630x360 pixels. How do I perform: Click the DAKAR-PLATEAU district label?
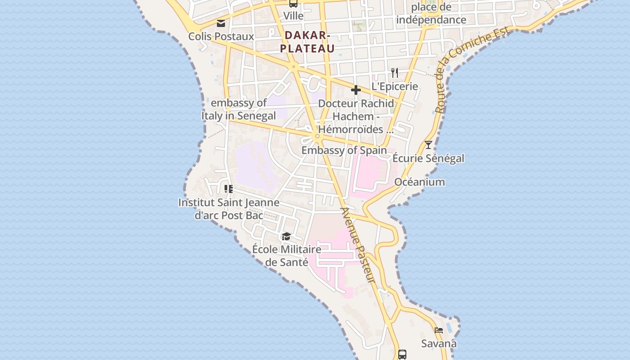pos(308,42)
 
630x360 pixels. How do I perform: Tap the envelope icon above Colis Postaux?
pos(221,23)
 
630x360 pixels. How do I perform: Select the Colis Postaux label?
pos(221,36)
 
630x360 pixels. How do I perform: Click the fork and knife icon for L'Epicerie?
pos(395,72)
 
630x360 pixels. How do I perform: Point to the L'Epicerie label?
pos(395,86)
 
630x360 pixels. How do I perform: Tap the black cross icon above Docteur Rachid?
pos(356,90)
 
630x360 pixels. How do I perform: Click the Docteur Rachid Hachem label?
pos(356,116)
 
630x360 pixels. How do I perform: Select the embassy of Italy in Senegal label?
pos(238,109)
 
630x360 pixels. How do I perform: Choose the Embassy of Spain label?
pos(344,150)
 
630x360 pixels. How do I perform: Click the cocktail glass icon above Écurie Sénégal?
pos(428,145)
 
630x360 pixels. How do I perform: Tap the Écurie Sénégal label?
pos(428,158)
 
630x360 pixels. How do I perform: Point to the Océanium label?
pos(419,182)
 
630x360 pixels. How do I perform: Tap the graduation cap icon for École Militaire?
pos(286,236)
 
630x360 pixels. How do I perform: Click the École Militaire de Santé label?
pos(287,255)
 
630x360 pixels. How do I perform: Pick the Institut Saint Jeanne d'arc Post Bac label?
pos(229,209)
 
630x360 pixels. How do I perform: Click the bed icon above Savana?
pos(439,330)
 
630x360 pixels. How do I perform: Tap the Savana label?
pos(439,344)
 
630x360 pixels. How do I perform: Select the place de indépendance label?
pos(431,13)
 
